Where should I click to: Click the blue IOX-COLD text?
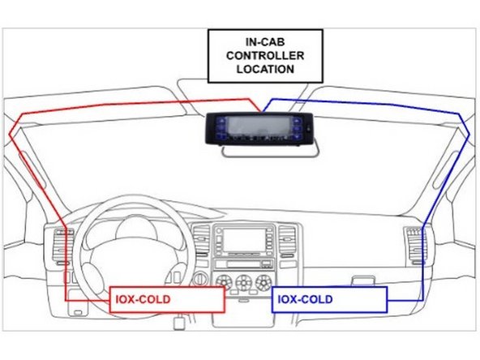tap(305, 299)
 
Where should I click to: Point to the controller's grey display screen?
tap(255, 127)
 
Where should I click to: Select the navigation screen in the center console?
tap(243, 241)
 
